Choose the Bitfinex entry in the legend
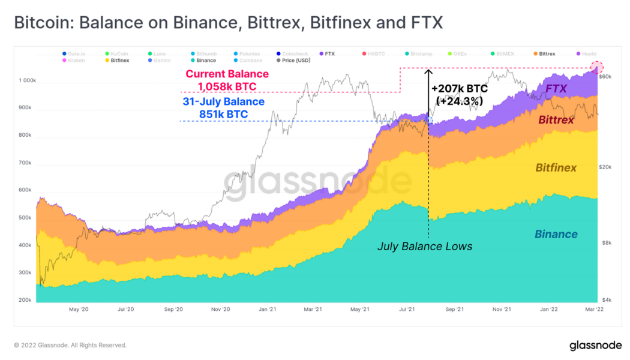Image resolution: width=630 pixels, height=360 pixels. pos(120,61)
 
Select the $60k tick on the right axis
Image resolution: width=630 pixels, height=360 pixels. pos(606,77)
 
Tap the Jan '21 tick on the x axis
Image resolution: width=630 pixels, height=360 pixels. pos(268,310)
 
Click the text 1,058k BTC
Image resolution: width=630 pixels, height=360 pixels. pos(226,87)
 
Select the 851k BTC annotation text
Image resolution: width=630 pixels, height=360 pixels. pos(223,114)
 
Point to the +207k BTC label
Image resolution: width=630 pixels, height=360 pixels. pos(460,89)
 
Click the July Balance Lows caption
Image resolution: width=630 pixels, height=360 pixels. pos(425,246)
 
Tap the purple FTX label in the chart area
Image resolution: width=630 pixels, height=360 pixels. pos(556,88)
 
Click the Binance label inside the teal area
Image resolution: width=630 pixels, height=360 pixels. pos(556,234)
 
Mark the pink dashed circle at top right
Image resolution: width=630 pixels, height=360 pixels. pos(596,68)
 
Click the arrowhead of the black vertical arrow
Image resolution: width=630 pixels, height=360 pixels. pos(428,72)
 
